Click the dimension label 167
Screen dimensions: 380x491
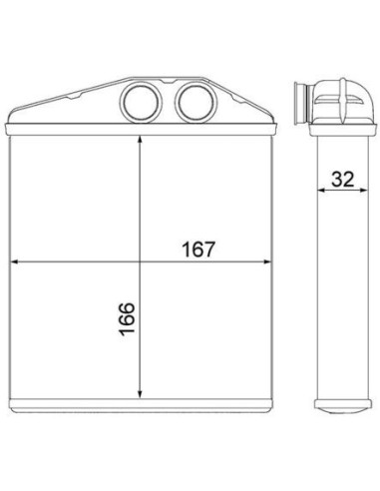[x=198, y=249]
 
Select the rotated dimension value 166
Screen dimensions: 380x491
[x=127, y=319]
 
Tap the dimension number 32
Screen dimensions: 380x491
[x=343, y=180]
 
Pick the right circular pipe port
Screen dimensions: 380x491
[x=195, y=102]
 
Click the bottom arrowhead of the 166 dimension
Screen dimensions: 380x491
[x=140, y=394]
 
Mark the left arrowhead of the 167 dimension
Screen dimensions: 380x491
[x=15, y=261]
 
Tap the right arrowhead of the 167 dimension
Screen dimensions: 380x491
[x=267, y=261]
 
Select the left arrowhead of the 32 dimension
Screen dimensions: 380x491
[x=321, y=191]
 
